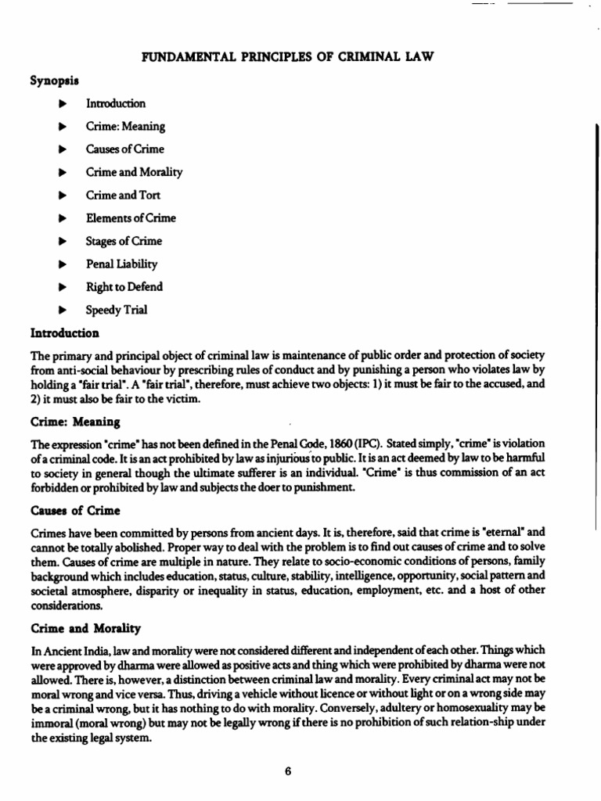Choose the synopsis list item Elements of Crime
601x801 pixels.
[131, 218]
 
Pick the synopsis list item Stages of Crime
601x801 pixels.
[124, 241]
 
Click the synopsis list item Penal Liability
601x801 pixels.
[121, 264]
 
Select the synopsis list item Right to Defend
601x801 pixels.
[124, 287]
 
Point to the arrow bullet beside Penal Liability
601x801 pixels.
[63, 264]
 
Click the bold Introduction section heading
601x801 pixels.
[65, 333]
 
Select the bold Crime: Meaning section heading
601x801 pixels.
[75, 422]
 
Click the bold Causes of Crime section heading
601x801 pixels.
[75, 511]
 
